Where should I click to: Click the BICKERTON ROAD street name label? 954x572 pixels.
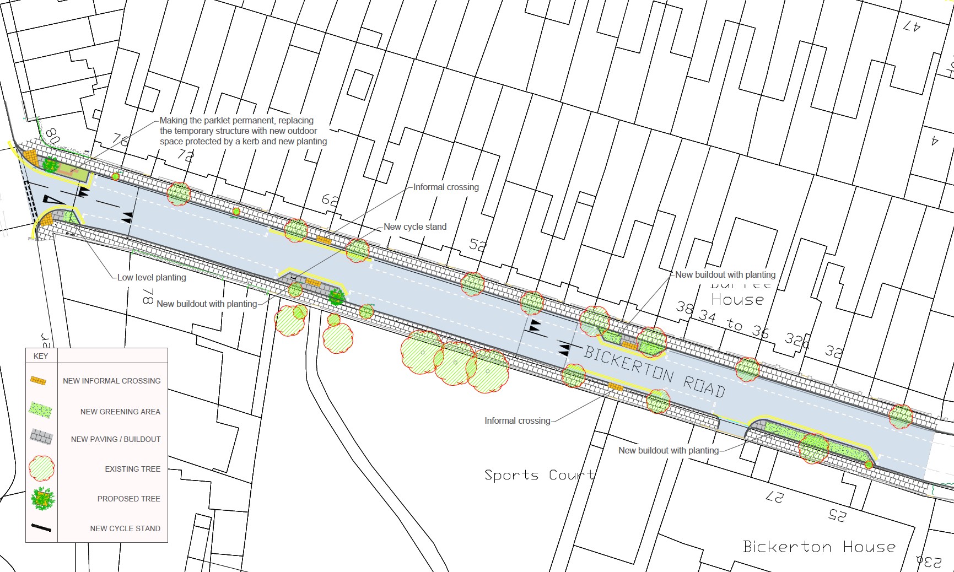point(654,371)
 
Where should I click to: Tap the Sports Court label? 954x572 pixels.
point(539,475)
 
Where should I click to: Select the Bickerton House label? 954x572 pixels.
point(819,547)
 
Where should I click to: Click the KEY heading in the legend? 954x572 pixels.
point(41,356)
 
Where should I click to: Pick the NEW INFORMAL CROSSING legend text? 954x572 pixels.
point(111,381)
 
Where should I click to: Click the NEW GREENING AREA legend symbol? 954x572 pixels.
point(41,410)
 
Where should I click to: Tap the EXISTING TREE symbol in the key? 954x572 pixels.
point(41,468)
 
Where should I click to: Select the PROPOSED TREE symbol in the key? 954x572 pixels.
point(42,499)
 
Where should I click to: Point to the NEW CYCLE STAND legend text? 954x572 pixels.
point(125,528)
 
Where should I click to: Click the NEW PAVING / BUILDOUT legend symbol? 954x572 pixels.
point(41,438)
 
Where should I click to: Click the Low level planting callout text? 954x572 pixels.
point(152,278)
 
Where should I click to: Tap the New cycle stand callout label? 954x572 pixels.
point(415,226)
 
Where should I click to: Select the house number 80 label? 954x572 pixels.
point(52,136)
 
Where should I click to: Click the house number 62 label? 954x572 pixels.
point(330,199)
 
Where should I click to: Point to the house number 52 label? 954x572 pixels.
point(478,245)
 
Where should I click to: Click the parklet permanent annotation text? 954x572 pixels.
point(243,131)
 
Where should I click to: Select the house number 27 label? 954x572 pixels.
point(774,497)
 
